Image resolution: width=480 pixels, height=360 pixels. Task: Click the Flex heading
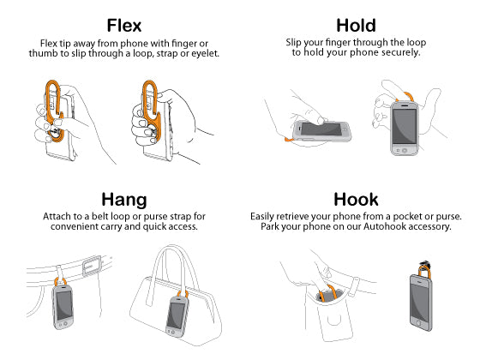(124, 26)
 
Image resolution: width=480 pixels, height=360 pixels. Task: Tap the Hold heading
(356, 26)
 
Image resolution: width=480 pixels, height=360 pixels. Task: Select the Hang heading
(124, 201)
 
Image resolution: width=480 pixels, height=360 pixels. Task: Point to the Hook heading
(356, 200)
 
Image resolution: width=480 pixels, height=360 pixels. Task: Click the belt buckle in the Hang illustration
(92, 266)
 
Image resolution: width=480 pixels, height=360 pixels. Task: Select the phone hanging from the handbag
(177, 315)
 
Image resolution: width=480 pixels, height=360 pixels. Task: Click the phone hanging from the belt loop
(63, 307)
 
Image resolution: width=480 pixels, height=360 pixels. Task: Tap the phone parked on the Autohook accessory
(421, 302)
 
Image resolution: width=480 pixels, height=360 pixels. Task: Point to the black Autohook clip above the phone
(425, 265)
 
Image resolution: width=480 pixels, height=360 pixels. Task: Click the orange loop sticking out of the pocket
(327, 292)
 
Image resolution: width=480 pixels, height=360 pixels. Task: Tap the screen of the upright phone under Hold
(405, 126)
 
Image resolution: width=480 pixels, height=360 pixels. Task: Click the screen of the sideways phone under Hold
(321, 129)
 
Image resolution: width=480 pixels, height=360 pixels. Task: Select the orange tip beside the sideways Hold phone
(289, 140)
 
